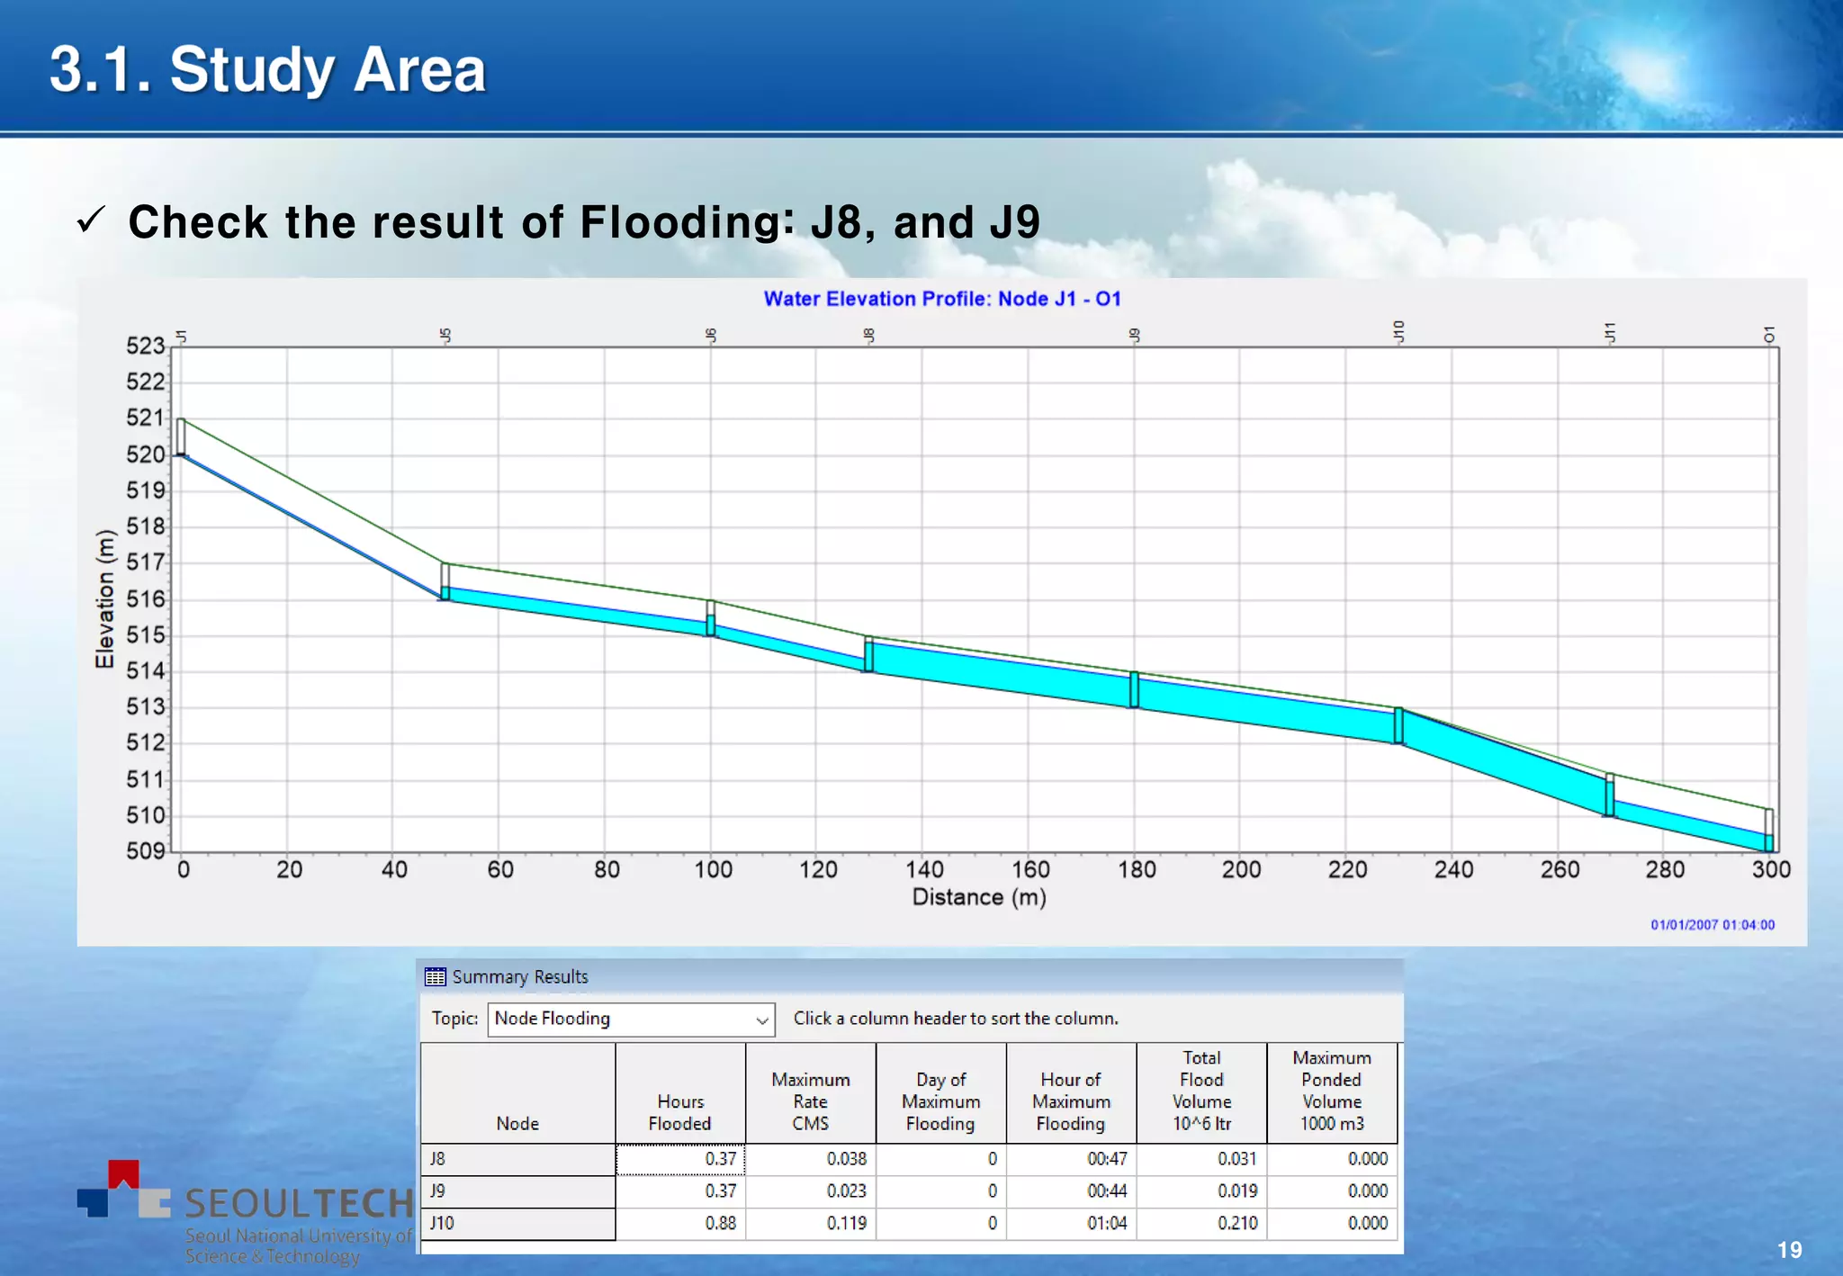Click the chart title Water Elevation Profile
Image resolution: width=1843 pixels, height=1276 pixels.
point(942,299)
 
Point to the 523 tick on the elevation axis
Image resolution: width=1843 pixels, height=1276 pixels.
point(146,346)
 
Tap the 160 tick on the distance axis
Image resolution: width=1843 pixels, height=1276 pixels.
point(1030,869)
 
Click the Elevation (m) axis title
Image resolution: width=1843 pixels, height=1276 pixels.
point(105,598)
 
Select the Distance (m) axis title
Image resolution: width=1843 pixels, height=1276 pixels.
point(979,897)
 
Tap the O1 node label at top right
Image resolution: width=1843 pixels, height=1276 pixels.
point(1769,334)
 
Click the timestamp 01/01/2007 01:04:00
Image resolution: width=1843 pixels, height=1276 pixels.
point(1713,925)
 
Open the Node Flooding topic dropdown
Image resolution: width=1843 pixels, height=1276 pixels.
point(761,1020)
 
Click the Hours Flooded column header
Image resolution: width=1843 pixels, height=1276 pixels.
point(680,1112)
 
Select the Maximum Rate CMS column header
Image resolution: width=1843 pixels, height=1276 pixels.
point(810,1101)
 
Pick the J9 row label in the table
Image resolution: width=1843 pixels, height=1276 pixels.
point(437,1191)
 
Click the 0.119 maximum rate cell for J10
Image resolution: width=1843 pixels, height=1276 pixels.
point(846,1223)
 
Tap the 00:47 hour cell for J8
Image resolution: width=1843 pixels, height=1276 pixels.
point(1107,1159)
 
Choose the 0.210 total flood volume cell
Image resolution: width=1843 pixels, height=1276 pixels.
point(1237,1223)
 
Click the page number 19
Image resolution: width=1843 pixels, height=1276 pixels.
point(1789,1250)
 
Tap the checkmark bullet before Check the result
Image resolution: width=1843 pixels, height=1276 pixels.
point(92,220)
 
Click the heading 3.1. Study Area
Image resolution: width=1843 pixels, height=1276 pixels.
point(267,69)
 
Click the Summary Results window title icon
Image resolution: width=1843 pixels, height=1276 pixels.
point(436,977)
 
